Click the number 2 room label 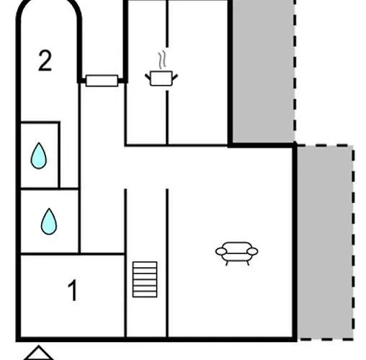pos(45,60)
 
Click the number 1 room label pos(73,290)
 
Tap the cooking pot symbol pos(161,78)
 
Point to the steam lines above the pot pos(162,60)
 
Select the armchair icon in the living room pos(237,253)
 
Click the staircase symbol pos(145,279)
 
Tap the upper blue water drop pos(39,156)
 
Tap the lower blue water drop pos(49,221)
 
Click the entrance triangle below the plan pos(38,354)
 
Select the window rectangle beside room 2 pos(102,81)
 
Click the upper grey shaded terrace pos(264,71)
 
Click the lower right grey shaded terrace pos(325,243)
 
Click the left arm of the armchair pos(221,251)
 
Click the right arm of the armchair pos(252,251)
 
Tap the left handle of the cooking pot pos(148,77)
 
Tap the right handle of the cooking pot pos(175,77)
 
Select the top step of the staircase pos(145,265)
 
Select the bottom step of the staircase pos(145,294)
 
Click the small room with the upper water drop pos(40,155)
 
